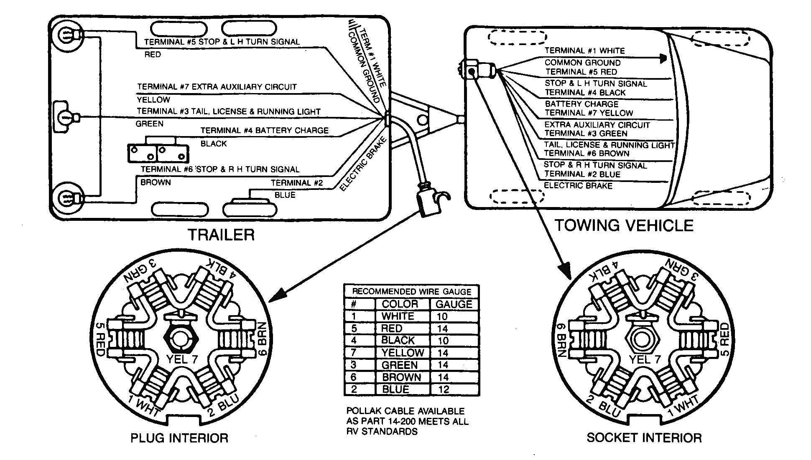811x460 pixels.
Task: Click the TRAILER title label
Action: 221,235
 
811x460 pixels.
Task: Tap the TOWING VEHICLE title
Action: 624,225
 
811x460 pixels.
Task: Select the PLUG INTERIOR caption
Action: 179,438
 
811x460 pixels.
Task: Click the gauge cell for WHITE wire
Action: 442,316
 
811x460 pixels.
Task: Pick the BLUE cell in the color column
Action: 395,389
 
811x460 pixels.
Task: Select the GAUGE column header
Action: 454,304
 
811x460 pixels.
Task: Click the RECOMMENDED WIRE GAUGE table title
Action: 411,291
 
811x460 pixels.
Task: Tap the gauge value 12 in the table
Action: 443,389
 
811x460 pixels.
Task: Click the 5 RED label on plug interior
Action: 100,339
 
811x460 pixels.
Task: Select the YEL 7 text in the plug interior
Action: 181,359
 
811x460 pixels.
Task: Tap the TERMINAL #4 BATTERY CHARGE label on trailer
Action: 264,130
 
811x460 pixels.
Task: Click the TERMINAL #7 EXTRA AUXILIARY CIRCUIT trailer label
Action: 217,87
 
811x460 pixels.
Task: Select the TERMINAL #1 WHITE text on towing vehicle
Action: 584,51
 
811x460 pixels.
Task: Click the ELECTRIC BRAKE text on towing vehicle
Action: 578,185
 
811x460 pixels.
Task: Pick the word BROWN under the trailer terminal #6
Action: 156,182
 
